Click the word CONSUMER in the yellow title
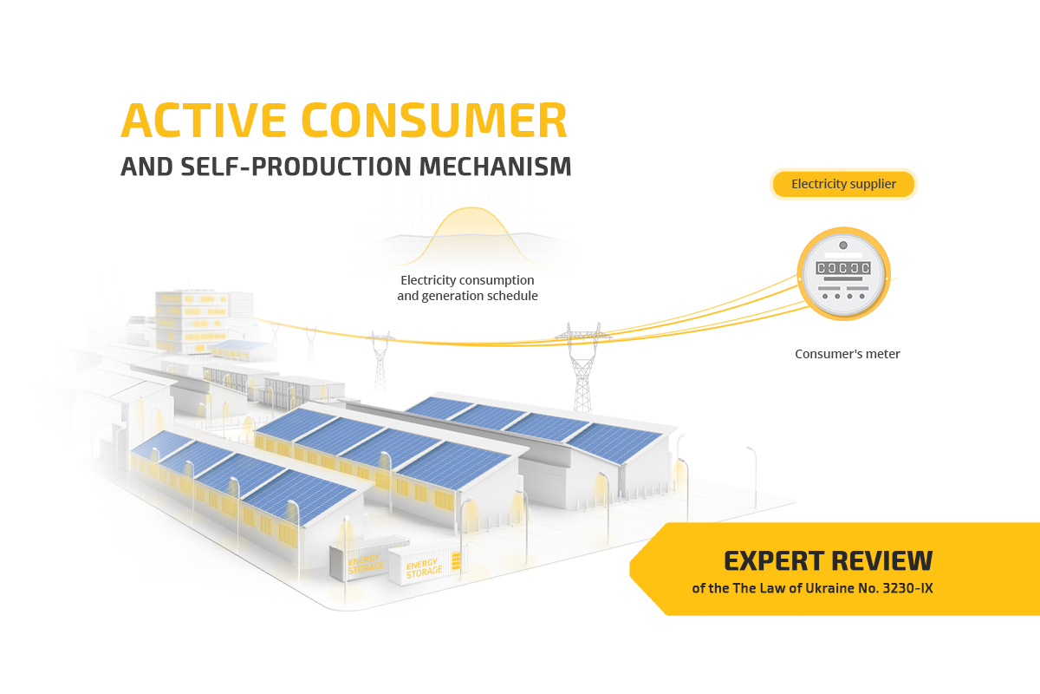434,121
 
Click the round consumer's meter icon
843,273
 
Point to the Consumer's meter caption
848,354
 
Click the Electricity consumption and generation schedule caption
467,288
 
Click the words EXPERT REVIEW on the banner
828,561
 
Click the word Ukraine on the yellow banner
812,588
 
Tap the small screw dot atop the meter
843,246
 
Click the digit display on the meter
843,268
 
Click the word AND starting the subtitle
139,167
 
